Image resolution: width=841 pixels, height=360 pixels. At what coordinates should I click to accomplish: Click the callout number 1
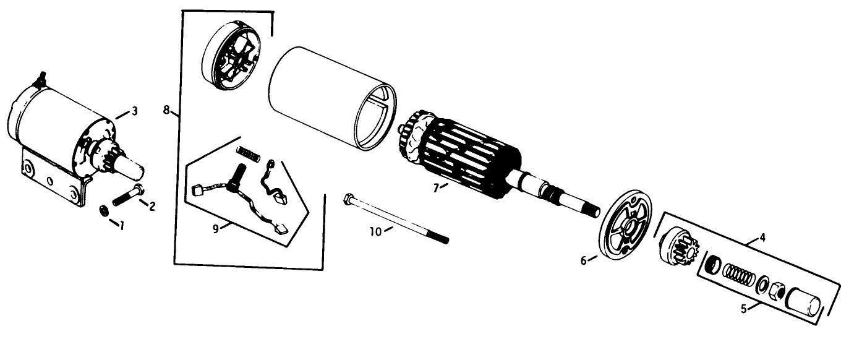pyautogui.click(x=122, y=226)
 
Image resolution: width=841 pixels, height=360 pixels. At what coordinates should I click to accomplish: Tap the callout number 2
pyautogui.click(x=152, y=207)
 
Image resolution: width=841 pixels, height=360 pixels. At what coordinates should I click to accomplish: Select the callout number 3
pyautogui.click(x=134, y=111)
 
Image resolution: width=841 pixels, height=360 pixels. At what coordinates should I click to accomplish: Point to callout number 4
pyautogui.click(x=762, y=238)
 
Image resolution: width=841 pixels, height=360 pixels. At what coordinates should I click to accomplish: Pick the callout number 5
pyautogui.click(x=744, y=309)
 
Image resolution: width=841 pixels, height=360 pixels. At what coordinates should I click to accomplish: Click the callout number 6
pyautogui.click(x=584, y=260)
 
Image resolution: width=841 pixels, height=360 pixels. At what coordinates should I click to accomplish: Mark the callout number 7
pyautogui.click(x=436, y=188)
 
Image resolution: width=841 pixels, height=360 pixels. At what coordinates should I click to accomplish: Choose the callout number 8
pyautogui.click(x=167, y=110)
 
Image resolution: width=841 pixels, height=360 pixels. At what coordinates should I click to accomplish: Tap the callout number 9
pyautogui.click(x=215, y=229)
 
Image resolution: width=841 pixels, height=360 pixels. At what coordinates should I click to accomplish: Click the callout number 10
pyautogui.click(x=375, y=232)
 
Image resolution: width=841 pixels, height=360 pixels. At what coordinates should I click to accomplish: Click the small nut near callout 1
pyautogui.click(x=104, y=210)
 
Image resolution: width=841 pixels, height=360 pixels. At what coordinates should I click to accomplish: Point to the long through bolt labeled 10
pyautogui.click(x=396, y=218)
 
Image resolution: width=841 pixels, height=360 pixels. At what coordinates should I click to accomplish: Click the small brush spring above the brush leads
pyautogui.click(x=248, y=154)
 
